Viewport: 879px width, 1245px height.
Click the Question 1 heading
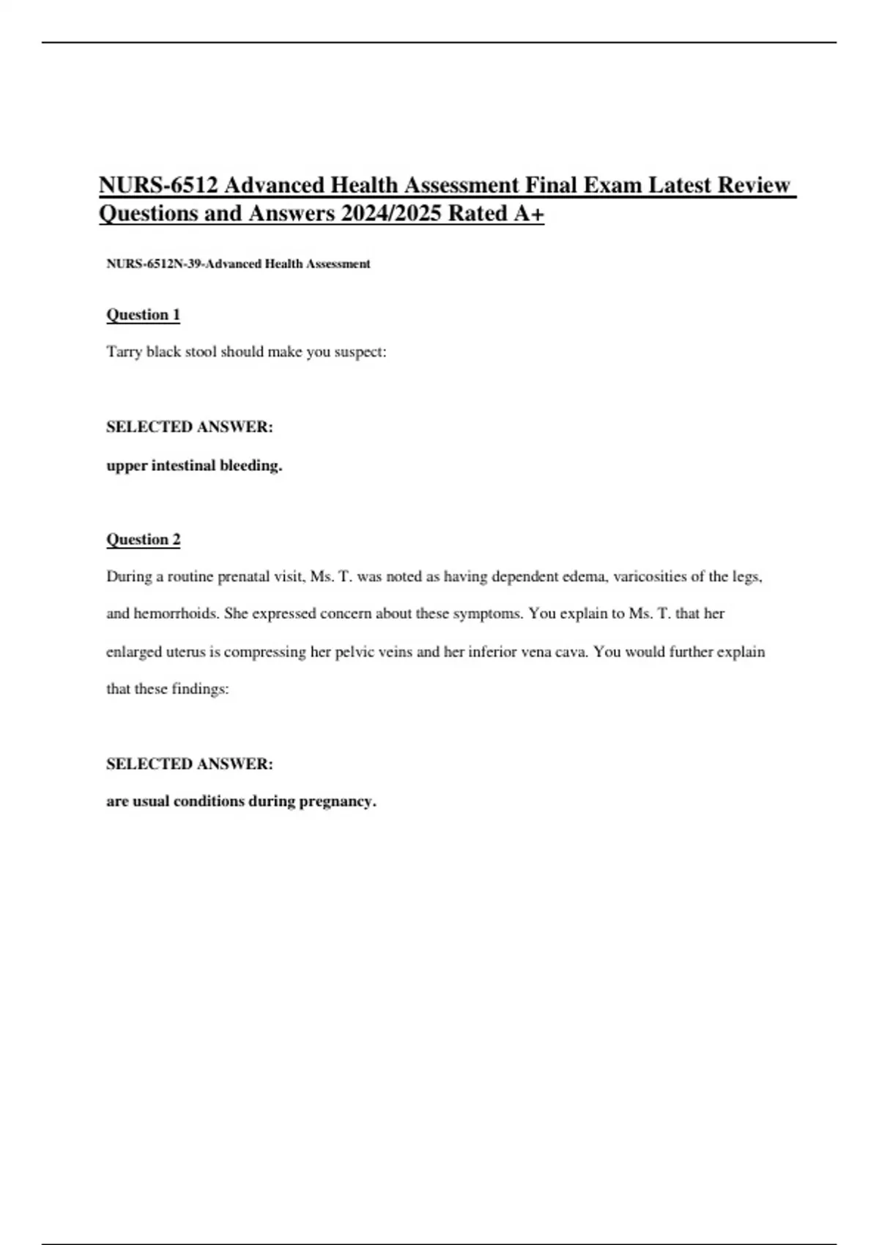[x=144, y=315]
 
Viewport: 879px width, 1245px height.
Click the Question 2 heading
[x=144, y=540]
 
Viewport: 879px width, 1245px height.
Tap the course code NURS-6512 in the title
[x=158, y=185]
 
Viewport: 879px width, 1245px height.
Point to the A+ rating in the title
[x=528, y=214]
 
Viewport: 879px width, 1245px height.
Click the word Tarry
[x=124, y=352]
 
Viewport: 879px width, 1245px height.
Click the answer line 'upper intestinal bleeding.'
[x=194, y=466]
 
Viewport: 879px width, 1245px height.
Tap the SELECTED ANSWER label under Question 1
[x=190, y=427]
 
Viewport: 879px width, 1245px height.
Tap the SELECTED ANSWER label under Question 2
[x=190, y=764]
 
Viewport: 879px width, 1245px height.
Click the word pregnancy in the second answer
[x=338, y=801]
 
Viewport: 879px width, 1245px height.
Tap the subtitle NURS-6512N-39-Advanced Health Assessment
[x=238, y=264]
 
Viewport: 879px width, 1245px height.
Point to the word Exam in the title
[x=612, y=185]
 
